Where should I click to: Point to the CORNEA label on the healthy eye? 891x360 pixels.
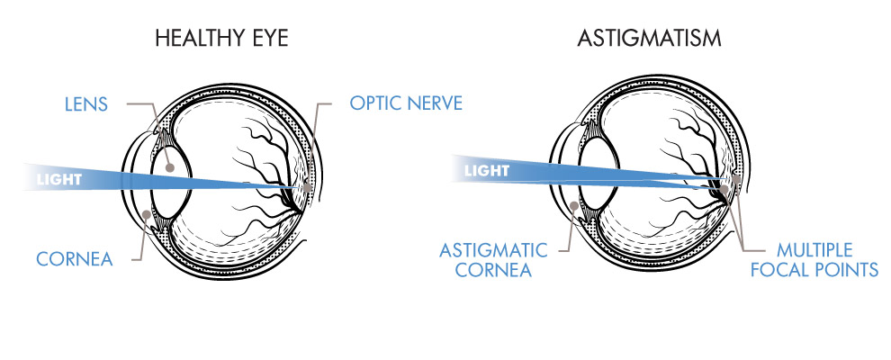tap(74, 259)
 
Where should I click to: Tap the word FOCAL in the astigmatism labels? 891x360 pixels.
tap(784, 268)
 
